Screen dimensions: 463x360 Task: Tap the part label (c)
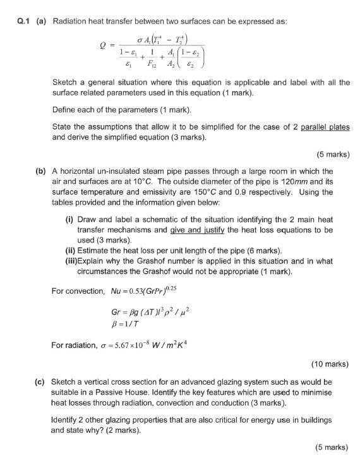[40, 382]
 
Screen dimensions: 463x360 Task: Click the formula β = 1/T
[124, 327]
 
